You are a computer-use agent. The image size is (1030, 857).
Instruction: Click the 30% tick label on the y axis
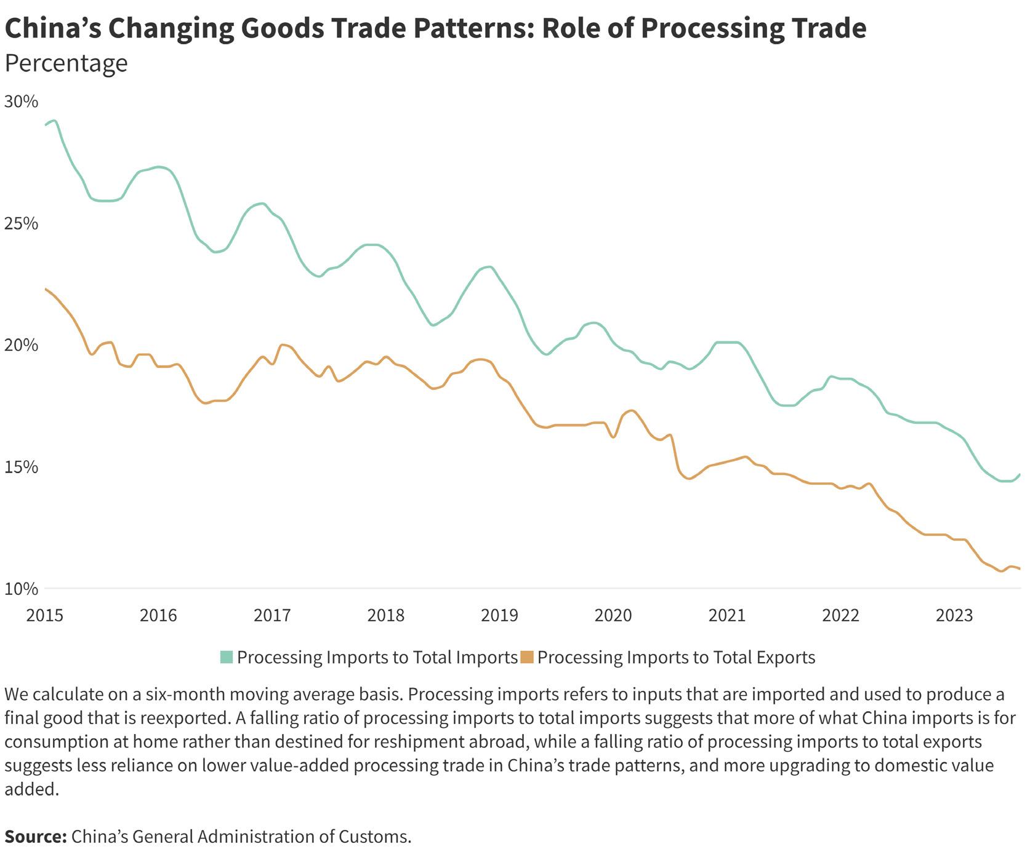[x=21, y=102]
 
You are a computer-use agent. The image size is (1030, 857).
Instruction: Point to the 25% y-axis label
[x=21, y=223]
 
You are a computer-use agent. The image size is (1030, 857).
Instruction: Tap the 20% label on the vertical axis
[x=21, y=345]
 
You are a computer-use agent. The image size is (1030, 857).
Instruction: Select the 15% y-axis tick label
[x=21, y=467]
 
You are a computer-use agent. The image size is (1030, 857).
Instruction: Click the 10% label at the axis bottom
[x=21, y=589]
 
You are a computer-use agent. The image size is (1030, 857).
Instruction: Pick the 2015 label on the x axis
[x=44, y=615]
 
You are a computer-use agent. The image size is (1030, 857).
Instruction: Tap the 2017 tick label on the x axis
[x=272, y=615]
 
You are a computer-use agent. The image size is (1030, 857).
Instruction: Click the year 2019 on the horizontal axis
[x=499, y=615]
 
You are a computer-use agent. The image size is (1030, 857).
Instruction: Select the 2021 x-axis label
[x=727, y=615]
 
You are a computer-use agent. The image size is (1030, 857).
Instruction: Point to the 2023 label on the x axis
[x=954, y=615]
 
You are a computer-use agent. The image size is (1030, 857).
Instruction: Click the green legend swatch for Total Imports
[x=227, y=657]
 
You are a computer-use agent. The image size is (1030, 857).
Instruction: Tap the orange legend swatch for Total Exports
[x=527, y=657]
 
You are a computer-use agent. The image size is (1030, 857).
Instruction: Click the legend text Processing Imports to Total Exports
[x=676, y=657]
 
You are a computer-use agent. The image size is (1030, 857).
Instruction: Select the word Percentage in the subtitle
[x=66, y=63]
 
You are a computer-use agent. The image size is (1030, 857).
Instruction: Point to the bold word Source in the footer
[x=34, y=837]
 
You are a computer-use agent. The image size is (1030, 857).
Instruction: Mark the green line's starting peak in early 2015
[x=54, y=121]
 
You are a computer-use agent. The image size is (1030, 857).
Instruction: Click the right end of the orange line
[x=1020, y=569]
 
